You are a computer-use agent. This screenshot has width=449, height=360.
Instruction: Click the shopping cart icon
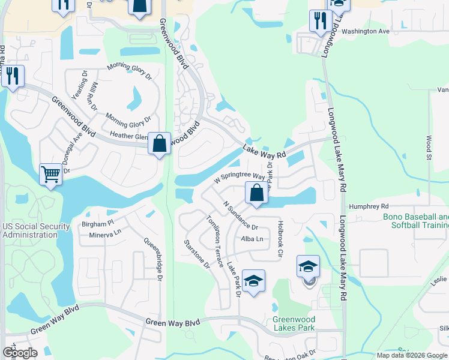coord(51,175)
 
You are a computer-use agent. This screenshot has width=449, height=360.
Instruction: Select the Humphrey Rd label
coord(369,206)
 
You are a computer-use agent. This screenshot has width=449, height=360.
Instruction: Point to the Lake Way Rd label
coord(265,150)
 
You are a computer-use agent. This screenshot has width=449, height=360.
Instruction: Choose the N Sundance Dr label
coord(240,217)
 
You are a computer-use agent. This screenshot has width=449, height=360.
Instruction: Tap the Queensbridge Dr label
coord(153,259)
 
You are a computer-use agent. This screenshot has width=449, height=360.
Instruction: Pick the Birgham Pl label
coord(93,221)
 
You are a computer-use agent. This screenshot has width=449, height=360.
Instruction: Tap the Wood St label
coord(429,147)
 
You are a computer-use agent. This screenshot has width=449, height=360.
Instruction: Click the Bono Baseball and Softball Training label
coord(416,221)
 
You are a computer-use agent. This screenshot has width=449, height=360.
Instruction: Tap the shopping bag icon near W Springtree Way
coord(256,193)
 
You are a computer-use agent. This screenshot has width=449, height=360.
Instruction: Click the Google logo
coord(19,353)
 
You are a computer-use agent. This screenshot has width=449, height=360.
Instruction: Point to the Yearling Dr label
coord(79,91)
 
